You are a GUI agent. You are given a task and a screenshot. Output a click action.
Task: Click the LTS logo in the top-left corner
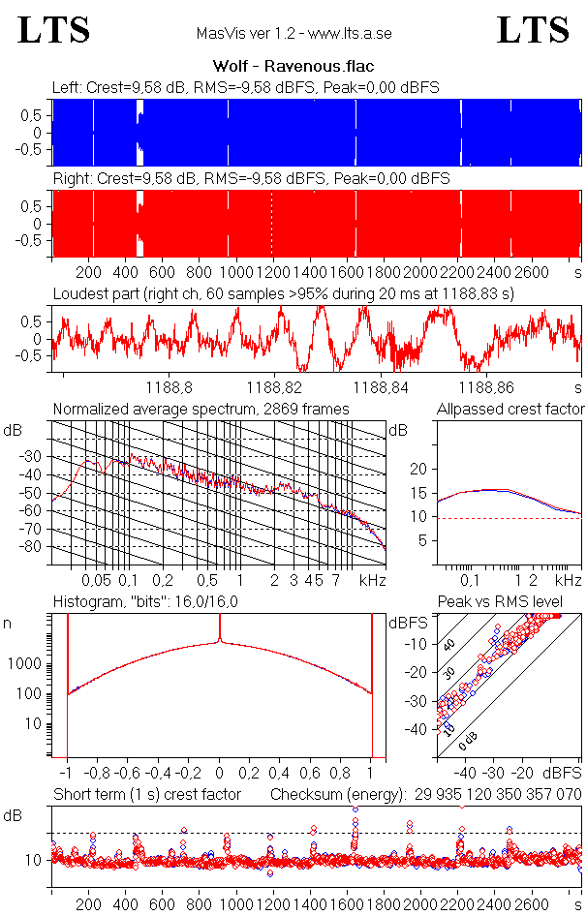54,30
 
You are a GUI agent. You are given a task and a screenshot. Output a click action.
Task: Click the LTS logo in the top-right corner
533,30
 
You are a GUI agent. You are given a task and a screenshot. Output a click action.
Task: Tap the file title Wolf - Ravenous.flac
293,67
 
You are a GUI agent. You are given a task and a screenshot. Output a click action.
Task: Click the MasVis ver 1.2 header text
293,33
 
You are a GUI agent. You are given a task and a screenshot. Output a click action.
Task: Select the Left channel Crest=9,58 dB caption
246,87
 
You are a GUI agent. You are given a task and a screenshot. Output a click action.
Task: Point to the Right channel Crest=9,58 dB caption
251,179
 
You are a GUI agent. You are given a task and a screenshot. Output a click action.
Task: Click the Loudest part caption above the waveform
283,292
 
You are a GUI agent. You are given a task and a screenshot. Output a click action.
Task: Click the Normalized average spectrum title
201,410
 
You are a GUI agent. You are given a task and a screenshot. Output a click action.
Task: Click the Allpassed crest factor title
510,410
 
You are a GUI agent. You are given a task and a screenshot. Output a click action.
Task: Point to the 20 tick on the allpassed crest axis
418,469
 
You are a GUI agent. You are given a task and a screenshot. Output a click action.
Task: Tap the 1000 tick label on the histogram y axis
26,664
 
